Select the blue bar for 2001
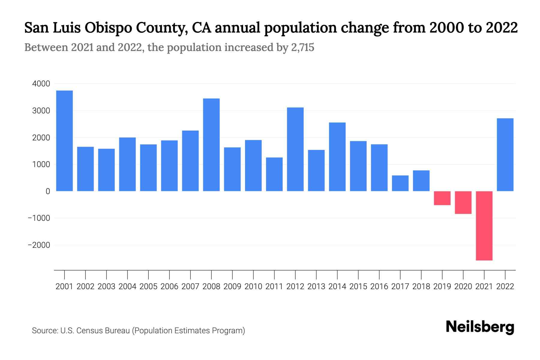[64, 141]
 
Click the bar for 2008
[211, 145]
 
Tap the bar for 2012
[295, 149]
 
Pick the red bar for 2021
[484, 226]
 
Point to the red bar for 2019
[442, 198]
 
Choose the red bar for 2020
[463, 202]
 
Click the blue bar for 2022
[505, 154]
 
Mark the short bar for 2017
[400, 183]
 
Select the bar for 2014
[337, 157]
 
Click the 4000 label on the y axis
[41, 84]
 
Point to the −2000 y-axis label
[39, 245]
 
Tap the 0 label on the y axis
[48, 191]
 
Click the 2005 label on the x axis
[148, 286]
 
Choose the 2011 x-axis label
[274, 286]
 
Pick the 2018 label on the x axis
[421, 286]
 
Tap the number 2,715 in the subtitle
[302, 47]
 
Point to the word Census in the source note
[88, 331]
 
